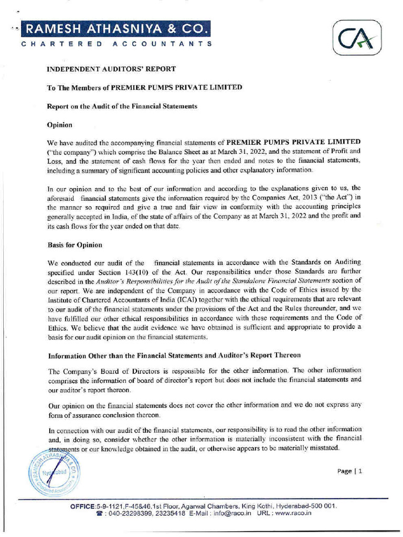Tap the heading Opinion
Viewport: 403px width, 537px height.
click(x=59, y=125)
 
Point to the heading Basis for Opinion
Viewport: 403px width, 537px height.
click(x=75, y=245)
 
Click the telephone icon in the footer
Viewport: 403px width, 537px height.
click(x=99, y=514)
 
